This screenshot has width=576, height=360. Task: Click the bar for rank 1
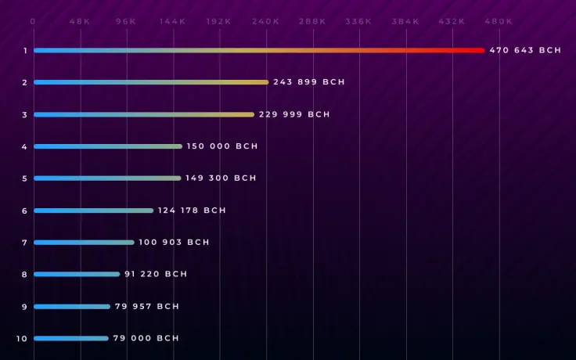click(x=258, y=50)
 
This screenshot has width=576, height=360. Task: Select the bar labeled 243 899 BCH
click(x=150, y=82)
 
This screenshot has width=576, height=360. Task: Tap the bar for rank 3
click(x=143, y=114)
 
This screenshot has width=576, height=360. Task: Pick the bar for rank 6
click(x=93, y=211)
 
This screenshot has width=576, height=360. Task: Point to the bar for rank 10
click(x=70, y=338)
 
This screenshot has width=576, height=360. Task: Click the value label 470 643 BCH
click(x=525, y=50)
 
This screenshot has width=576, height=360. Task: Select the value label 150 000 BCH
click(x=221, y=146)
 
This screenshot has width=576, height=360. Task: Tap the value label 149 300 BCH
click(x=221, y=178)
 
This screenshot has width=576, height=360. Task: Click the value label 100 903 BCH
click(x=174, y=243)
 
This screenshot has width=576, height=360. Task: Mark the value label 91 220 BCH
click(x=156, y=275)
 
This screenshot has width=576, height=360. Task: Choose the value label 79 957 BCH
click(x=146, y=307)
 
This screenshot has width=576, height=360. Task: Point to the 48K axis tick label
click(x=80, y=21)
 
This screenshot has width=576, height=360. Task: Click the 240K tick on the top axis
click(x=266, y=21)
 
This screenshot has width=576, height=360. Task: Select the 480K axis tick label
click(x=499, y=21)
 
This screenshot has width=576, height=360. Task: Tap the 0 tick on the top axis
click(x=33, y=21)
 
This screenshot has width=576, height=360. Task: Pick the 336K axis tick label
click(x=359, y=21)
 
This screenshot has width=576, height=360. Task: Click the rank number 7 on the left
click(x=24, y=243)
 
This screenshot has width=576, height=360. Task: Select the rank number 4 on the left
click(x=24, y=146)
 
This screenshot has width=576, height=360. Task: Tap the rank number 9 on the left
click(x=24, y=307)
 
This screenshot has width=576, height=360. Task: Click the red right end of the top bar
click(x=479, y=50)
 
